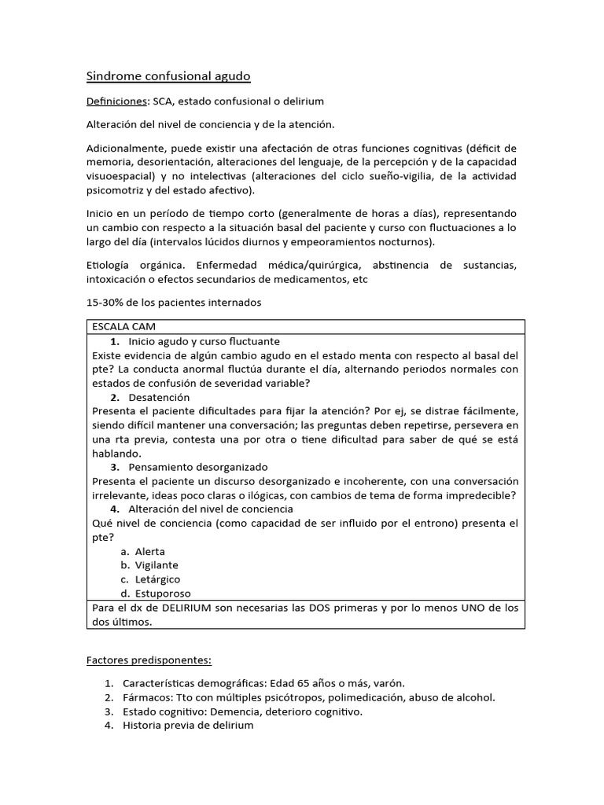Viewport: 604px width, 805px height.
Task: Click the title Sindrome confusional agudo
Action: click(168, 76)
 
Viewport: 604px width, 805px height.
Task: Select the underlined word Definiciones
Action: click(116, 101)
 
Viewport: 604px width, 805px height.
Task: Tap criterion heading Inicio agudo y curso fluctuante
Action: click(204, 341)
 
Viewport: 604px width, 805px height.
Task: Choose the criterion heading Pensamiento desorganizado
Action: click(197, 467)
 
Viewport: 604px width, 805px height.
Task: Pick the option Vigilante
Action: click(156, 565)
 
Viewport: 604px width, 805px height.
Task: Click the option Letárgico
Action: click(157, 579)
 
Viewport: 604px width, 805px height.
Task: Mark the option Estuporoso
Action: click(162, 594)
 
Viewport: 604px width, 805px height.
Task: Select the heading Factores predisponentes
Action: click(149, 660)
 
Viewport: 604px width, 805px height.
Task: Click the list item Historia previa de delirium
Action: click(189, 726)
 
